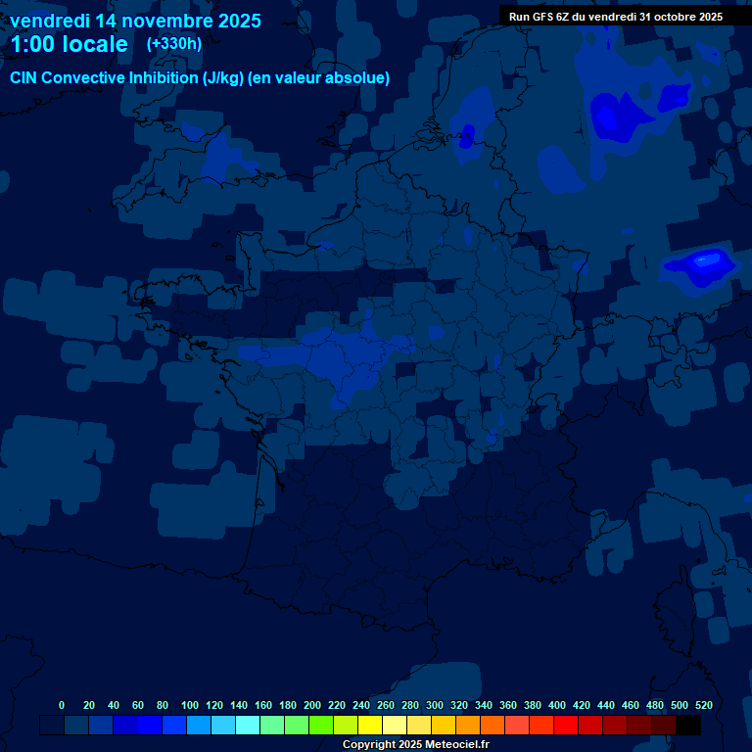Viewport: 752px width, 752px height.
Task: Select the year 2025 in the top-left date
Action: pyautogui.click(x=234, y=21)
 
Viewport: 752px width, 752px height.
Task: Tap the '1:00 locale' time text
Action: pyautogui.click(x=69, y=44)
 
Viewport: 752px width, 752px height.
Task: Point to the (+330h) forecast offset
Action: pyautogui.click(x=174, y=44)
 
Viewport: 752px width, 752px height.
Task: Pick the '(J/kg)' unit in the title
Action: pyautogui.click(x=225, y=78)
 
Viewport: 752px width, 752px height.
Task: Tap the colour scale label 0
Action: pyautogui.click(x=62, y=705)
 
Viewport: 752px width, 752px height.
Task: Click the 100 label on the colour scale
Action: pyautogui.click(x=190, y=705)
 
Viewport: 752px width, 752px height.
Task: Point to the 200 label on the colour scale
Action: pyautogui.click(x=312, y=705)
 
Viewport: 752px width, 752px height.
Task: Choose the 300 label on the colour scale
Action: pyautogui.click(x=435, y=705)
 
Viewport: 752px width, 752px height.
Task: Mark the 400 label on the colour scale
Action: pyautogui.click(x=557, y=705)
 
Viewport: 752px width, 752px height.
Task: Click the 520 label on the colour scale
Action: pyautogui.click(x=703, y=705)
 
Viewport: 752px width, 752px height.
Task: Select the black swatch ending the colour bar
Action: pyautogui.click(x=688, y=725)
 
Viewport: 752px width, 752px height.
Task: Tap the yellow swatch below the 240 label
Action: pyautogui.click(x=370, y=725)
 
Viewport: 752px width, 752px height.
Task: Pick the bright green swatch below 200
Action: pyautogui.click(x=321, y=725)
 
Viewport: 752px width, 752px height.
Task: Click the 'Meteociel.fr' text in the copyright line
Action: pyautogui.click(x=456, y=745)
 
